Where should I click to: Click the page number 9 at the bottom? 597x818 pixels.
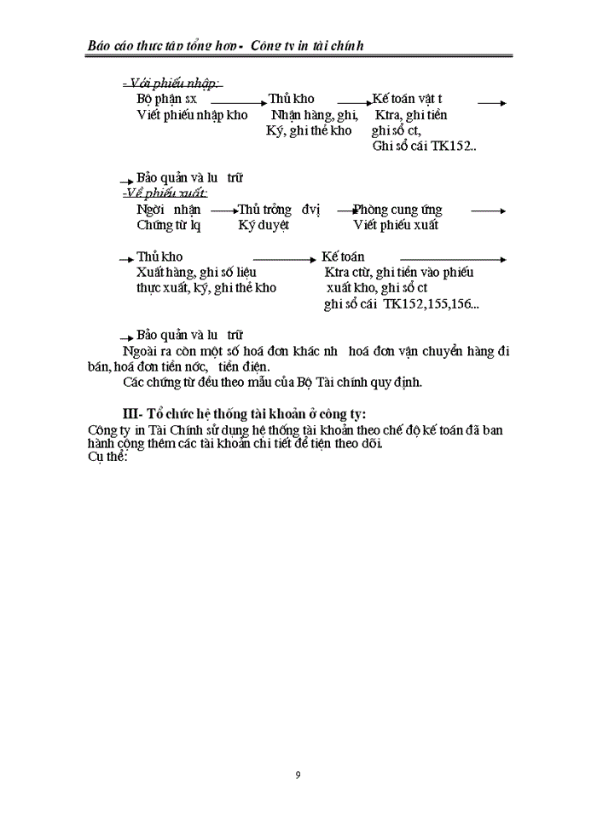298,775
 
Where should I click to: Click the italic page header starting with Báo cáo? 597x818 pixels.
226,45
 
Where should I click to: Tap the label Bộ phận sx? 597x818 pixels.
166,99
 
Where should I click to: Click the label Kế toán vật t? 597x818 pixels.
407,99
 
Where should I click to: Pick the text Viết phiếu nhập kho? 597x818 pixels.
192,115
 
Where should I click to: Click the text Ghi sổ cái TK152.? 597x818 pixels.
424,146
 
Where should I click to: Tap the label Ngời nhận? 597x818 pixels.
168,210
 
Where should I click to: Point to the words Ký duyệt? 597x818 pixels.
264,225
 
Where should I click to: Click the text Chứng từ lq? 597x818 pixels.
168,225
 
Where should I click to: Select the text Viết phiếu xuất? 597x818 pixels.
396,225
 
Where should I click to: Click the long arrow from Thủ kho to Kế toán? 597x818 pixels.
284,258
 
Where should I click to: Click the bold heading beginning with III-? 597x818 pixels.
245,415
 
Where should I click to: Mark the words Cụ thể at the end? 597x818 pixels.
107,457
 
